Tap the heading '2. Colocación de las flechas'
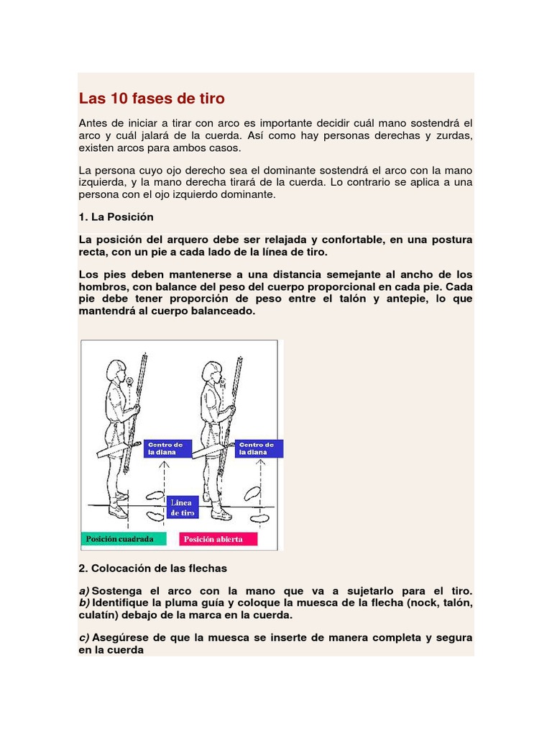tap(152, 569)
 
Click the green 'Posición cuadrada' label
tap(123, 539)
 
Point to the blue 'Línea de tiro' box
tap(182, 507)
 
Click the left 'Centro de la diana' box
tap(167, 448)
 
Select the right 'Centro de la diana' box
tap(259, 448)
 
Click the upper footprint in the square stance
tap(154, 495)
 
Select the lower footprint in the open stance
tap(259, 517)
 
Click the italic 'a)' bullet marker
tap(84, 590)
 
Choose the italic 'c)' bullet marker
tap(84, 638)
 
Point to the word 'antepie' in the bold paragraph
tap(396, 299)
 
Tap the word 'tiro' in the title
tap(210, 98)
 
